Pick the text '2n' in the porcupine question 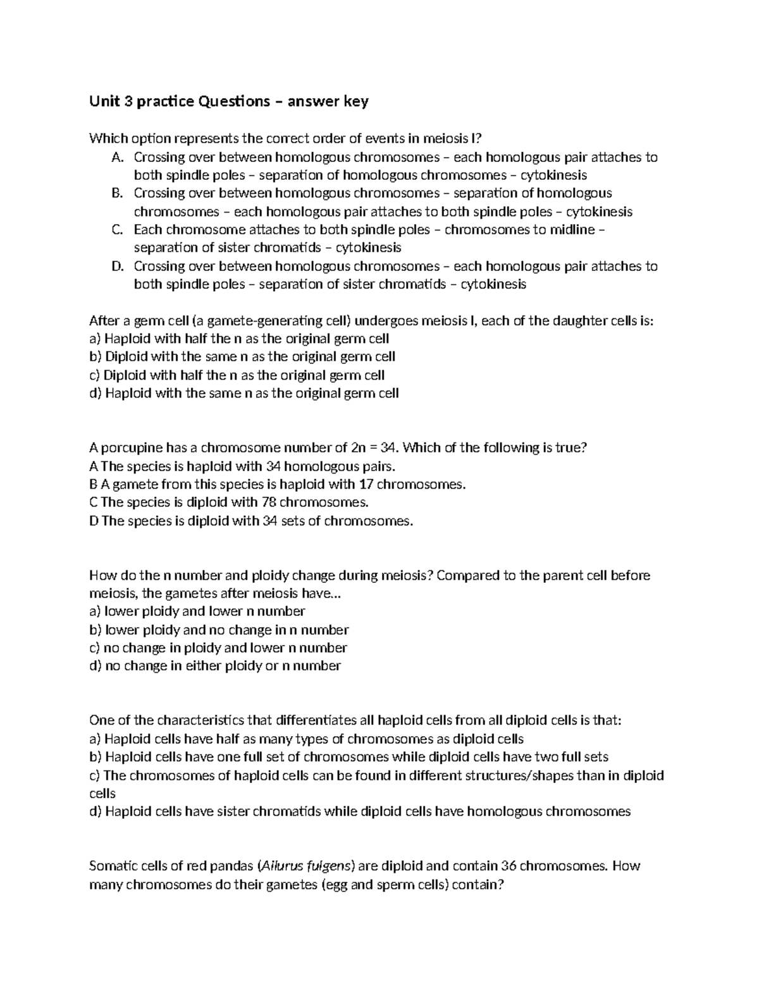tap(357, 448)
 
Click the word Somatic tap(113, 866)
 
